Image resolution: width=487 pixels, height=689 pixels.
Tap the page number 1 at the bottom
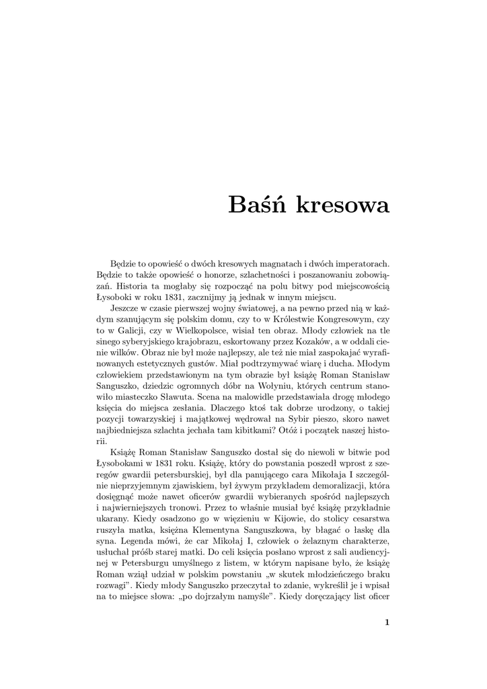[x=387, y=622]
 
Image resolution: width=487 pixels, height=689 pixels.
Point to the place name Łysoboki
[x=117, y=297]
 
